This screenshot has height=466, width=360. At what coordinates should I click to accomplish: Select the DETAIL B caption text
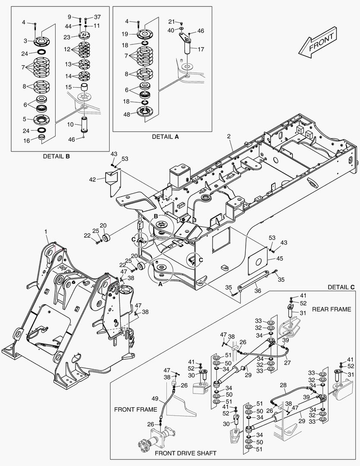(x=56, y=156)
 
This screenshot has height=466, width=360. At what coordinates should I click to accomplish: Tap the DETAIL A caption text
(x=165, y=136)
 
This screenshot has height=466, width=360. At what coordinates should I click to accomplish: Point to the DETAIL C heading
(x=341, y=287)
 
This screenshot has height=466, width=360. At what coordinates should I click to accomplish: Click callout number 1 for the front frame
(x=46, y=232)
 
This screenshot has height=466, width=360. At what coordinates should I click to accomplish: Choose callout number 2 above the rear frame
(x=229, y=136)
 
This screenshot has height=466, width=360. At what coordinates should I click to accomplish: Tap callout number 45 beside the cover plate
(x=280, y=259)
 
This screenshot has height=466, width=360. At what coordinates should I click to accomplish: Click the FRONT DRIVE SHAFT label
(x=185, y=453)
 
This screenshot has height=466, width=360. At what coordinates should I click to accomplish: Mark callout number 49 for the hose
(x=155, y=398)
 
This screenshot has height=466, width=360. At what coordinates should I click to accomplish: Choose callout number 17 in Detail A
(x=200, y=49)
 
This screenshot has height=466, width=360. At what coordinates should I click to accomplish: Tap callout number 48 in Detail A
(x=126, y=115)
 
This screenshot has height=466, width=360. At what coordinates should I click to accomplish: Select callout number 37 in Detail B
(x=97, y=17)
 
